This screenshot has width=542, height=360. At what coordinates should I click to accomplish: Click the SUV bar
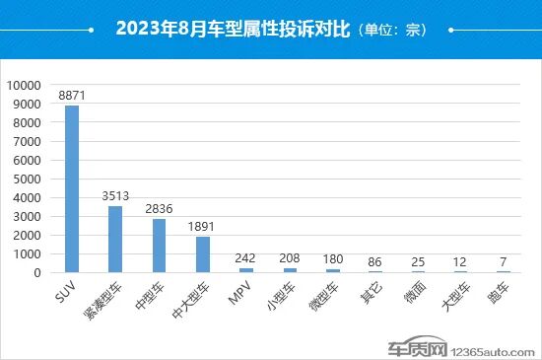pos(72,188)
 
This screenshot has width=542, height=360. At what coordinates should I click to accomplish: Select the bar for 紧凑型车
pos(115,239)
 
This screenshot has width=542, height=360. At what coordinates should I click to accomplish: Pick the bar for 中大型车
pos(203,253)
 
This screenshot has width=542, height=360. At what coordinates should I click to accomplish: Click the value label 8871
pos(72,95)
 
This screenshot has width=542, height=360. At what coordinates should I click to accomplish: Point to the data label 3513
pos(115,195)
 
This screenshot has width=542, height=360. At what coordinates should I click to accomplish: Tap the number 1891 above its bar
pos(203,226)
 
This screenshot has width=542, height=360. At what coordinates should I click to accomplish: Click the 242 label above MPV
pos(246,257)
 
